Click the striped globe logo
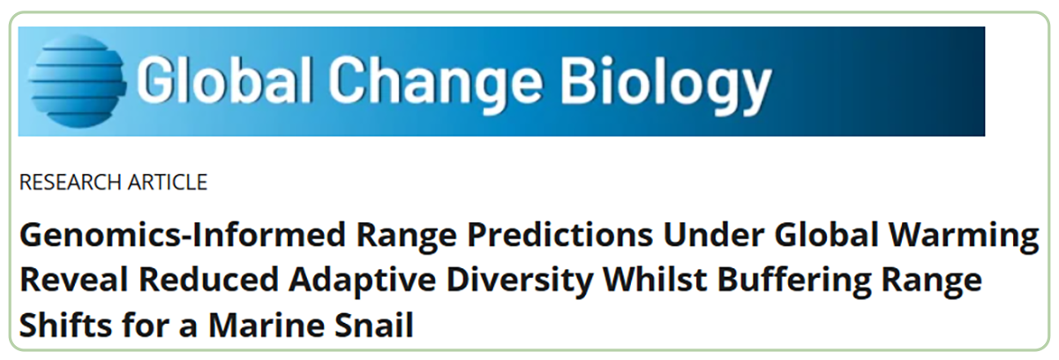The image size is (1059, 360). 77,81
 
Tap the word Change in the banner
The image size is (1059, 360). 435,81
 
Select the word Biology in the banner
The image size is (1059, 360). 665,83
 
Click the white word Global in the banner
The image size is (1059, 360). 224,79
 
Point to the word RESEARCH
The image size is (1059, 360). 70,183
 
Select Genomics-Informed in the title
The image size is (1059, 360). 183,236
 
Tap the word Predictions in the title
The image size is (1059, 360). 560,236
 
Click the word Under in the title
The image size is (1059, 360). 713,235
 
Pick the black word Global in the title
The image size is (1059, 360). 826,235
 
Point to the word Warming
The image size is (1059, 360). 964,236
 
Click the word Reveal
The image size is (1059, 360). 74,280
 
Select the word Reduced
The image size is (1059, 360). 208,280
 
